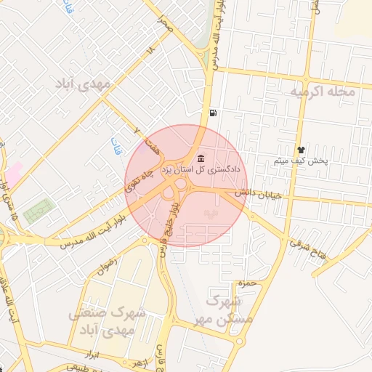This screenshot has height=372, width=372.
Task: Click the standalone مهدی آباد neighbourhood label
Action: point(83,84)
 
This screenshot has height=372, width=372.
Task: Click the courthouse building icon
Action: point(200,158)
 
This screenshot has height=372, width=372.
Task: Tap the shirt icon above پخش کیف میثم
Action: point(300,150)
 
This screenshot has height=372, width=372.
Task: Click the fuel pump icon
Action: point(211,113)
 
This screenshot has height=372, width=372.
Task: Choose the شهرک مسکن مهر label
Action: point(230,310)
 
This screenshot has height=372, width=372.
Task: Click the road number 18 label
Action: point(150,51)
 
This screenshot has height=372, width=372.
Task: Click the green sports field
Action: point(38,211)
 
